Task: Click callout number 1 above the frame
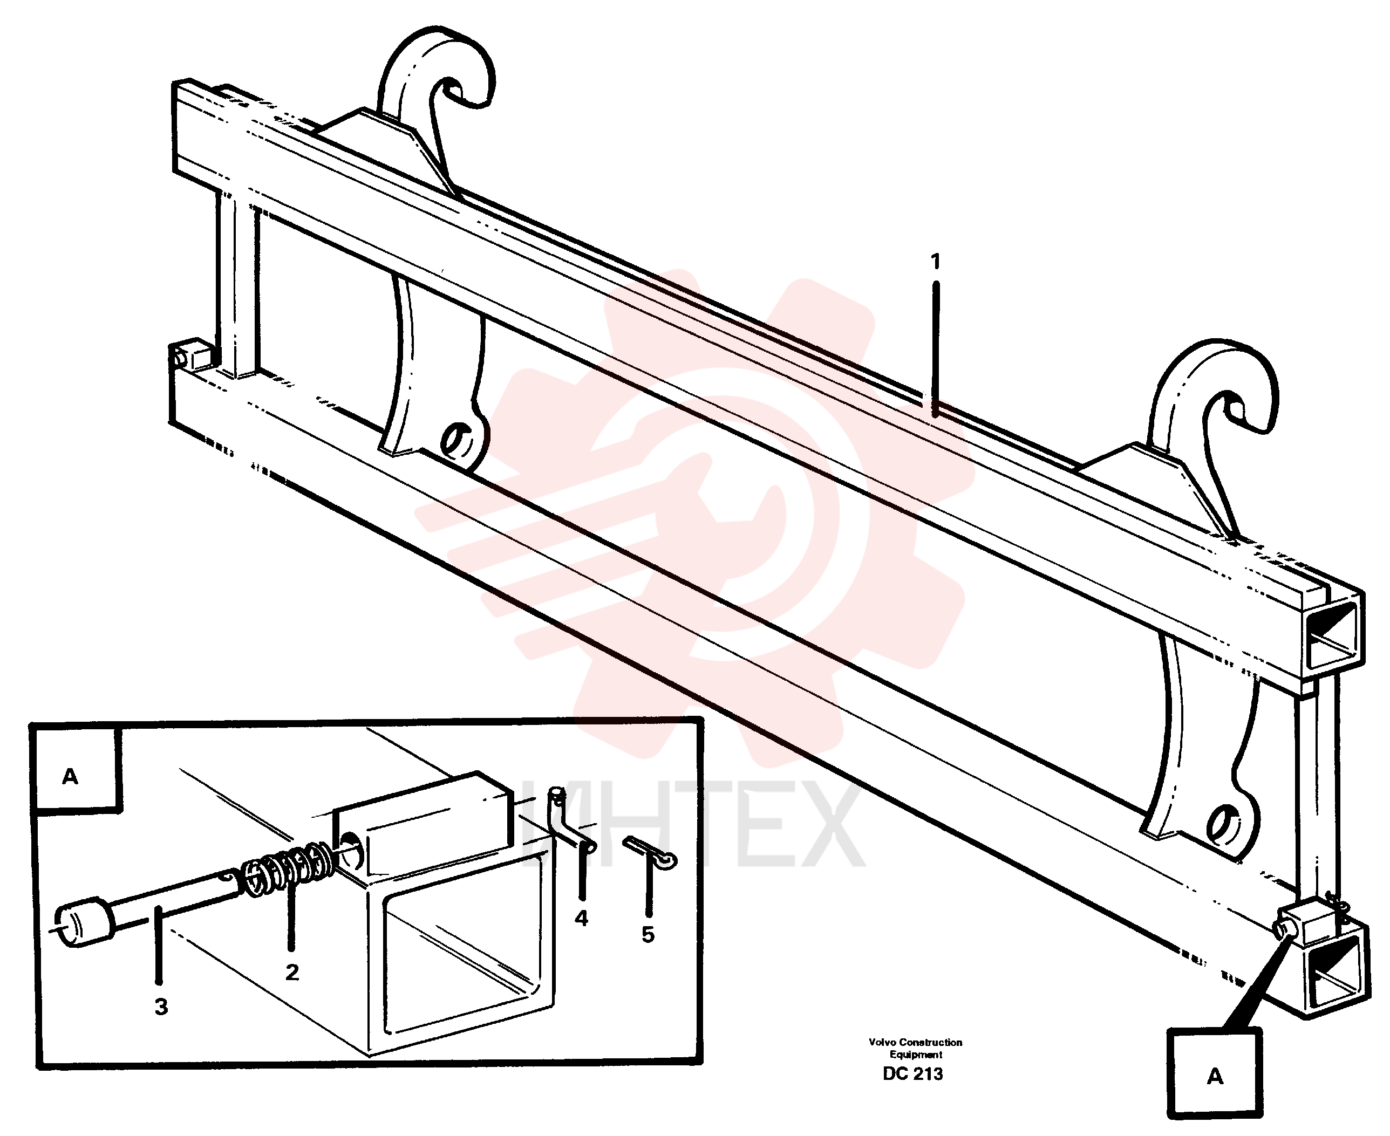pyautogui.click(x=935, y=262)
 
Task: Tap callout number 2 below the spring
pyautogui.click(x=292, y=973)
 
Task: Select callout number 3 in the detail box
pyautogui.click(x=161, y=1007)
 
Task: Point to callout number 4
pyautogui.click(x=581, y=918)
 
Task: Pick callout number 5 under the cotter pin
pyautogui.click(x=648, y=934)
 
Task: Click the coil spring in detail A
pyautogui.click(x=288, y=870)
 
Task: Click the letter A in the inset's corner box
pyautogui.click(x=70, y=777)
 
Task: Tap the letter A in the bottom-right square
pyautogui.click(x=1215, y=1077)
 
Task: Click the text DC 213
pyautogui.click(x=913, y=1074)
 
